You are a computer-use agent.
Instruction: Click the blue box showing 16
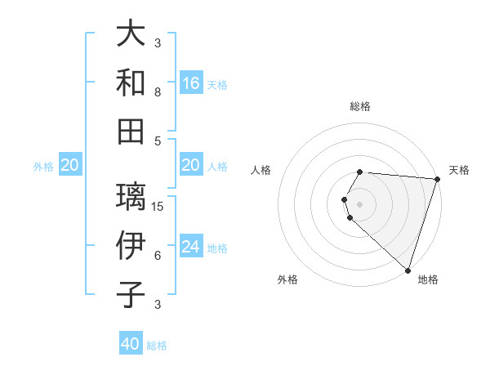191,83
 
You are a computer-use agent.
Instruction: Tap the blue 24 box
191,247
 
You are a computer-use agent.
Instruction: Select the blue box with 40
131,344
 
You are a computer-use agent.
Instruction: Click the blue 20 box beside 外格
69,166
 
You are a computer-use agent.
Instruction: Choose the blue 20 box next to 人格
191,166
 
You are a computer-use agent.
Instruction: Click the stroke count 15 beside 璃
158,206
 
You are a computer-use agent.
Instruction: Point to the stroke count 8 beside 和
158,92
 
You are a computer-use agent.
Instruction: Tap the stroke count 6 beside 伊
158,256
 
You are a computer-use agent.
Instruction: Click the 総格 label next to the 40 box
157,346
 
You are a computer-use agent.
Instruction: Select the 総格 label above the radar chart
359,106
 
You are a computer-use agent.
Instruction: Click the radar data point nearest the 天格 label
436,180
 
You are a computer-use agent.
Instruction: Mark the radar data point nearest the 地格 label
408,270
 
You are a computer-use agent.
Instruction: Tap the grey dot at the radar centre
359,203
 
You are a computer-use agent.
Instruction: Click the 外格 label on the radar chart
287,279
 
